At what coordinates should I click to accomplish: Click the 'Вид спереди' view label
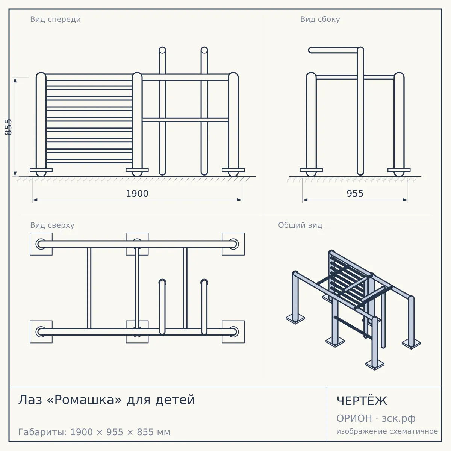pos(55,19)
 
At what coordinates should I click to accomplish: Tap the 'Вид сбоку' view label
pos(320,19)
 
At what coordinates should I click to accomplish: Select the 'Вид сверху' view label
pos(52,225)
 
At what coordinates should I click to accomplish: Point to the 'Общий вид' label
pos(300,225)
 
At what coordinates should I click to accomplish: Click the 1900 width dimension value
pos(137,194)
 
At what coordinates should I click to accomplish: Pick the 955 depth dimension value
pos(355,194)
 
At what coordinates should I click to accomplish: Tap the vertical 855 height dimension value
pos(8,127)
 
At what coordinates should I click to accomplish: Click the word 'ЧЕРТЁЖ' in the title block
pos(362,401)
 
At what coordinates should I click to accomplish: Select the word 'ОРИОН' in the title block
pos(354,418)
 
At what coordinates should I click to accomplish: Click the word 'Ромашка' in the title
pos(84,400)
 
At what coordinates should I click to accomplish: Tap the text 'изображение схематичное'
pos(387,431)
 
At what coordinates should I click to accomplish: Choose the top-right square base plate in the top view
pos(233,244)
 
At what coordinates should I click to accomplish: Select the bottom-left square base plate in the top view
pos(41,331)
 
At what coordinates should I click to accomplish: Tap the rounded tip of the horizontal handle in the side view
pos(310,50)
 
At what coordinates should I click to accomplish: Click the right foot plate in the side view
pos(399,170)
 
